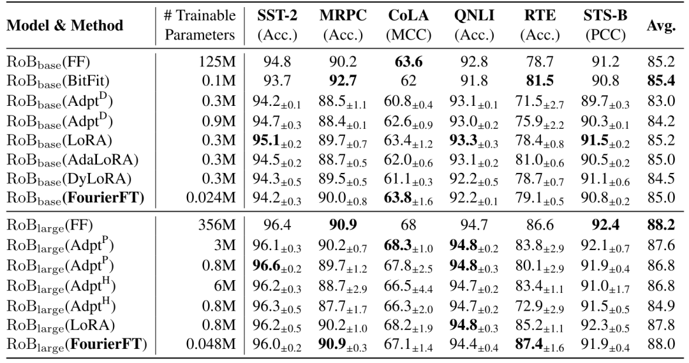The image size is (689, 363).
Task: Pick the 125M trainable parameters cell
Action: (x=219, y=63)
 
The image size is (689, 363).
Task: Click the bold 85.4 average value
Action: (x=662, y=81)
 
